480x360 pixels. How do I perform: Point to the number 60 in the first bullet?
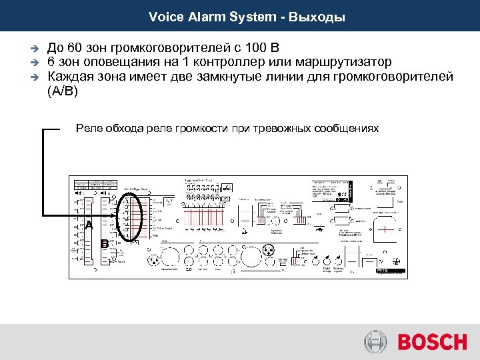click(x=73, y=49)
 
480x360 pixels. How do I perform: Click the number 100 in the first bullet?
click(x=255, y=49)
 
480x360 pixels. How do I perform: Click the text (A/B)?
click(x=63, y=91)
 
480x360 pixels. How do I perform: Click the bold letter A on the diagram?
click(x=89, y=225)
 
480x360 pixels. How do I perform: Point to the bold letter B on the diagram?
click(x=105, y=243)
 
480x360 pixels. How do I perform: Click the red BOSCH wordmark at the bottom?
click(x=431, y=341)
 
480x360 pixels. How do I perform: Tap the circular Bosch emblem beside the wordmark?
click(x=375, y=341)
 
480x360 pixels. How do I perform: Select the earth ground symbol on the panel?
click(x=395, y=261)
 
